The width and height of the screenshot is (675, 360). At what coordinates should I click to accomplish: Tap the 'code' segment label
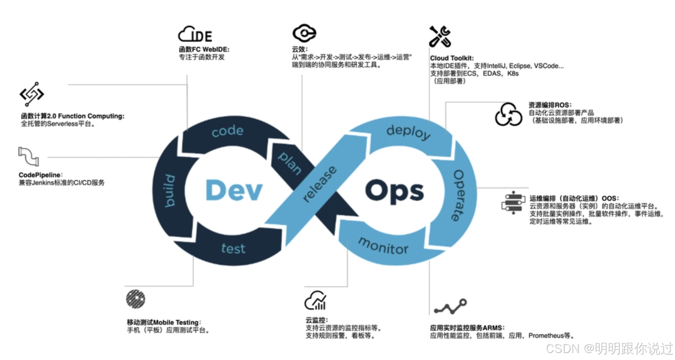[x=227, y=131]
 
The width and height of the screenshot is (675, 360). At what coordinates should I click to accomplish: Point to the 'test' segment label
[x=234, y=249]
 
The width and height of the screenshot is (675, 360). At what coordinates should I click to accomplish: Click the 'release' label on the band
[x=320, y=184]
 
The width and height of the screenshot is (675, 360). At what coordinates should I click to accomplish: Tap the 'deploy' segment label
[x=408, y=132]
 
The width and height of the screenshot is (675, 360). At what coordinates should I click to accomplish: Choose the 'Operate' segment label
[x=459, y=195]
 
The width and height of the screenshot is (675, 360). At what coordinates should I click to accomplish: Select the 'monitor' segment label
[x=383, y=246]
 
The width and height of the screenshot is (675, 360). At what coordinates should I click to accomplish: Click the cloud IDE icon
[x=195, y=34]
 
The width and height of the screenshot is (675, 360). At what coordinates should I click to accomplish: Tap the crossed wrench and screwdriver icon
[x=440, y=36]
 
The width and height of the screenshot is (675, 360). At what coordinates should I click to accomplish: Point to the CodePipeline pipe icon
[x=28, y=156]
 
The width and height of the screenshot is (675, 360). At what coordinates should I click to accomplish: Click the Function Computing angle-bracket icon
[x=32, y=94]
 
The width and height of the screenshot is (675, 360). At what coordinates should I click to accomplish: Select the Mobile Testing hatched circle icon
[x=136, y=299]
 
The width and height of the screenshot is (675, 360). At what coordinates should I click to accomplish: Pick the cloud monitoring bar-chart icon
[x=316, y=300]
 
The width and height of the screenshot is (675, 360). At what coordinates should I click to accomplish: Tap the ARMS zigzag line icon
[x=450, y=307]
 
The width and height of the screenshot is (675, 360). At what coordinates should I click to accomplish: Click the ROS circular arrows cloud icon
[x=509, y=114]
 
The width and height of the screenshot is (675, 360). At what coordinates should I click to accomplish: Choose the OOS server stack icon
[x=513, y=203]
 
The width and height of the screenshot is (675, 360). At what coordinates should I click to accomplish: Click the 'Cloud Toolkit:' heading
[x=452, y=58]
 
